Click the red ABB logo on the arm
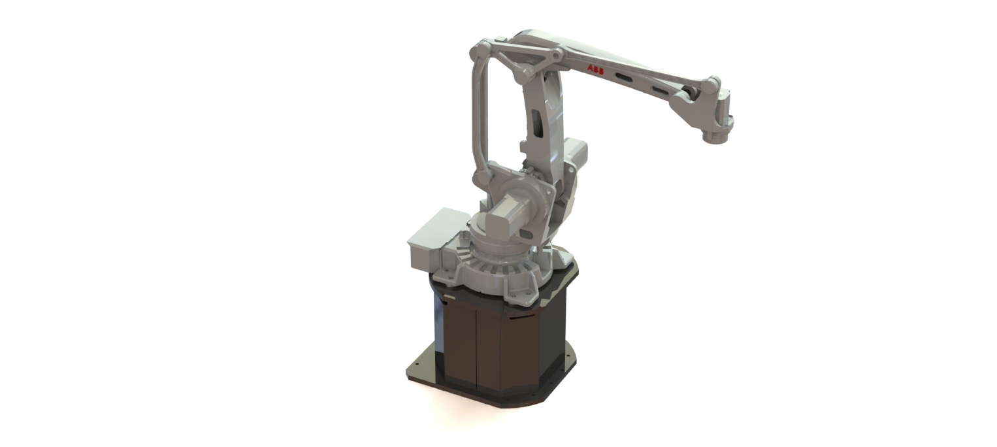595,69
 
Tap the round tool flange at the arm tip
716,136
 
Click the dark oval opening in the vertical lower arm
536,122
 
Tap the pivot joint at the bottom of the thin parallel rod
481,178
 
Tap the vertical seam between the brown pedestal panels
476,346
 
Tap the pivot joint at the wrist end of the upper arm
710,84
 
